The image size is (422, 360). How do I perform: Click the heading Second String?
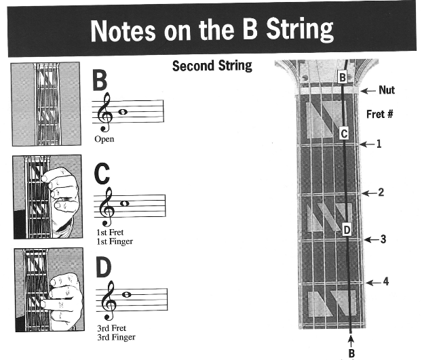tap(212, 66)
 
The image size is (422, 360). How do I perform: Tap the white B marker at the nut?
tap(343, 78)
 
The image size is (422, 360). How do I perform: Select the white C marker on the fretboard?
tap(344, 134)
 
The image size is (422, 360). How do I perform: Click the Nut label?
tap(387, 89)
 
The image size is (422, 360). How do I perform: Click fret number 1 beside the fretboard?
tap(379, 144)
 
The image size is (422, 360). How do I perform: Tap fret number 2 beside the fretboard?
tap(381, 193)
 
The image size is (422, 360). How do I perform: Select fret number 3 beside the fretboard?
tap(383, 239)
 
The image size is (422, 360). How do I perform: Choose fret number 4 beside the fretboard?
tap(386, 281)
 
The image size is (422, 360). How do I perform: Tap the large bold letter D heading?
tap(103, 268)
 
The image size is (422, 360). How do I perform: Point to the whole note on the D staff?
tap(126, 294)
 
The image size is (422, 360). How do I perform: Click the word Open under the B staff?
tap(104, 139)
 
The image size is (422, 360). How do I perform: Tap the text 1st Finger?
tap(114, 241)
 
